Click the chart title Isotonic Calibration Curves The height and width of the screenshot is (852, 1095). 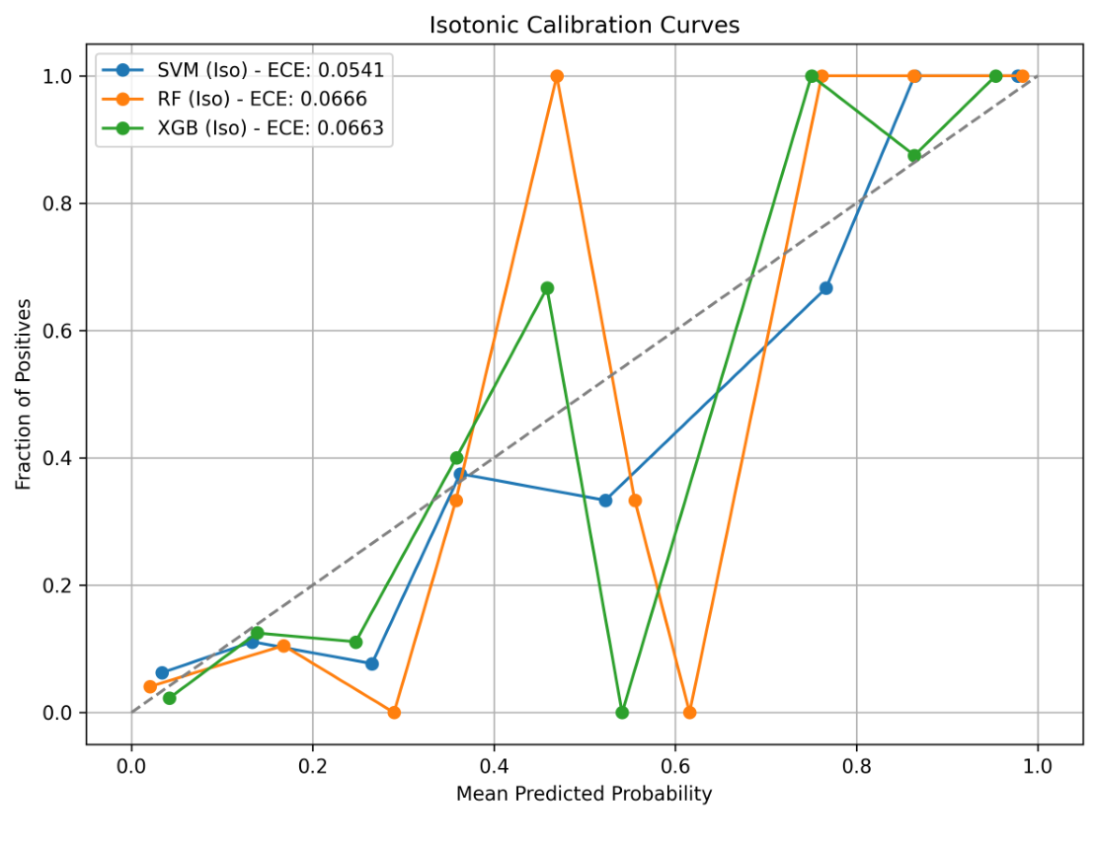tap(584, 26)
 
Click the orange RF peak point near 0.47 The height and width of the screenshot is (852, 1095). tap(557, 76)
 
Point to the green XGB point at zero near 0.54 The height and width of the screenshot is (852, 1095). tap(622, 712)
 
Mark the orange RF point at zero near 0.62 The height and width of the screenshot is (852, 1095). tap(690, 712)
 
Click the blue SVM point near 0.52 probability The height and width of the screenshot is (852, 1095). tap(605, 501)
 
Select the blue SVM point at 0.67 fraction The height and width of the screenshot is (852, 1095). tap(825, 288)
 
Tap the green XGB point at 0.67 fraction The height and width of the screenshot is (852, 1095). tap(547, 288)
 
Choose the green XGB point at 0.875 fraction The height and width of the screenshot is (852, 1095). tap(914, 156)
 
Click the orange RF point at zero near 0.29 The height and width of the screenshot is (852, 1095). tap(394, 712)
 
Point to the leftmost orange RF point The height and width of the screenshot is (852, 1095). tap(150, 686)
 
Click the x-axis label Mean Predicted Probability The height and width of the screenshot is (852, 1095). tap(584, 794)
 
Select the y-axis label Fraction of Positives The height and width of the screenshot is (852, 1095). tap(23, 394)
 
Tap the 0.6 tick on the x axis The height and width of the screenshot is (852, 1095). tap(675, 764)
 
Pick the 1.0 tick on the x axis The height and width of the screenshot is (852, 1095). tap(1037, 764)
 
